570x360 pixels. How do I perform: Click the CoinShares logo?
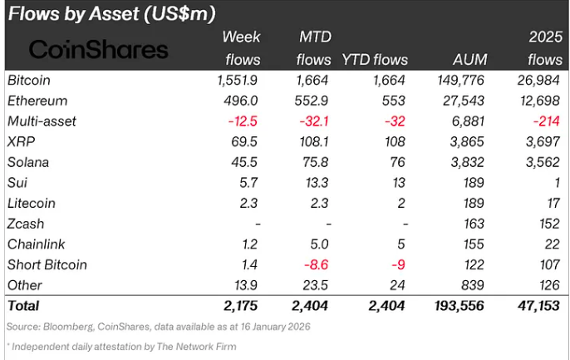[x=98, y=49]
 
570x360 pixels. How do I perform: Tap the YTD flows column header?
[x=375, y=60]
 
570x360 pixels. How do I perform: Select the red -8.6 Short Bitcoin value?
[x=317, y=265]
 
